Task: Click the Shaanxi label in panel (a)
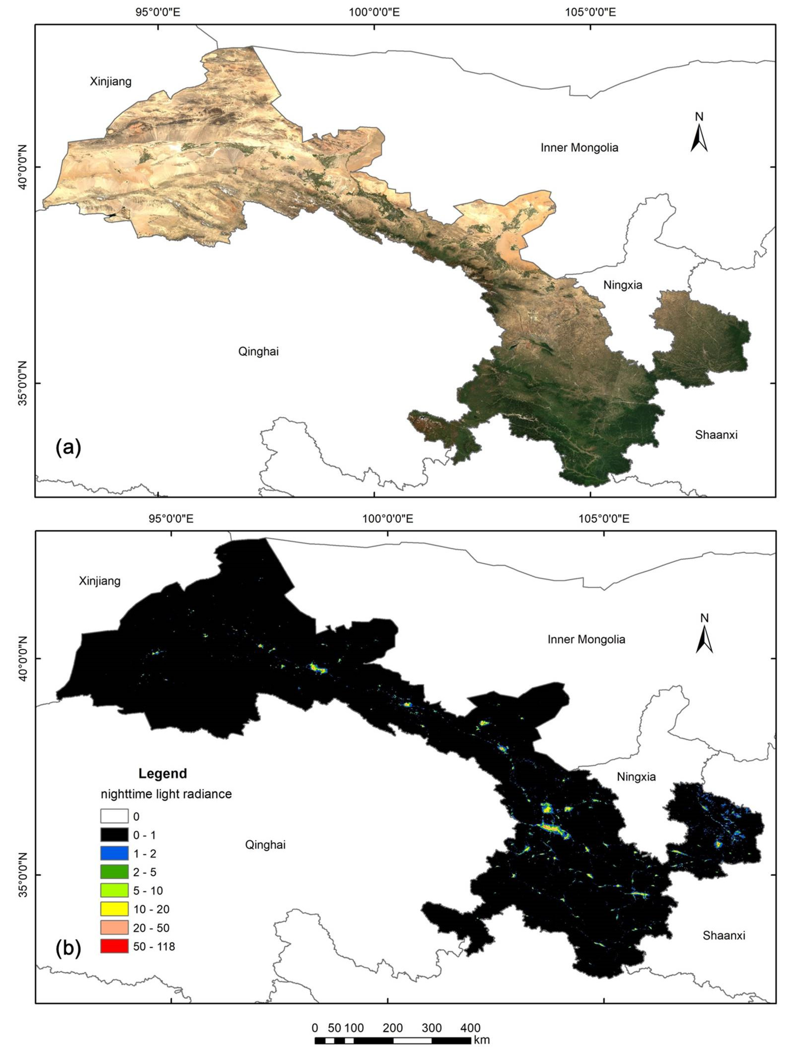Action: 716,435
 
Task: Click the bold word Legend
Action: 163,774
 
